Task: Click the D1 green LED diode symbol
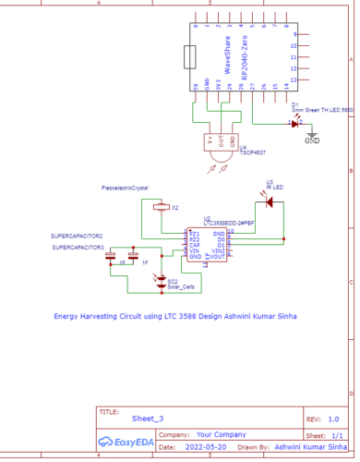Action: coord(295,122)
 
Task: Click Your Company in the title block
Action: coord(218,432)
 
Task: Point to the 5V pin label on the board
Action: coord(195,88)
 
